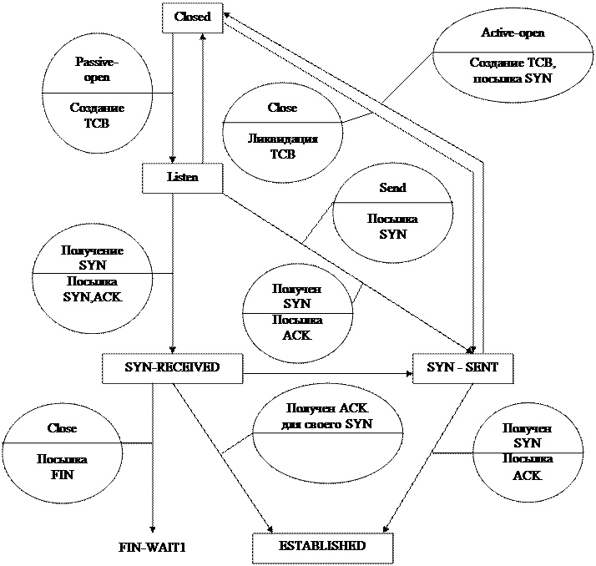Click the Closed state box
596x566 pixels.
192,17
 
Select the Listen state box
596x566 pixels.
182,178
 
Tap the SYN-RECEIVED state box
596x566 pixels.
172,368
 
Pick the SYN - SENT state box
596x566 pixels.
462,368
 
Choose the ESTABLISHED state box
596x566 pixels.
322,547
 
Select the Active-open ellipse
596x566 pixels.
512,53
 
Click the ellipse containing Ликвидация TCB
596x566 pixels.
281,133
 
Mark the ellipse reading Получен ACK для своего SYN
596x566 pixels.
327,435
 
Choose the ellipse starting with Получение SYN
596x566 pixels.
91,275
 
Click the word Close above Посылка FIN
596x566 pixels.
62,428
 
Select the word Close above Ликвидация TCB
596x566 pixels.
282,108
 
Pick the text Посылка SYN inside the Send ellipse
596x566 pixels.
392,226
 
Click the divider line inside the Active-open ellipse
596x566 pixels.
512,52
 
